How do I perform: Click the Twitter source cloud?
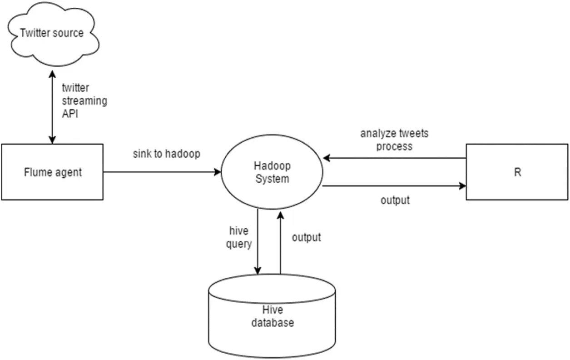[52, 33]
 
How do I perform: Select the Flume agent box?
[52, 172]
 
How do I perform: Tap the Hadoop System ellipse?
[272, 172]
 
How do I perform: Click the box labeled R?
[517, 172]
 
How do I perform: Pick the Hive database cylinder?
[272, 316]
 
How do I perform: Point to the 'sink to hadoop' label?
[166, 154]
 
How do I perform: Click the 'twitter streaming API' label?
[84, 100]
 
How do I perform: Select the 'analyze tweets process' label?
[394, 140]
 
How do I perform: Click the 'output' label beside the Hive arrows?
[306, 237]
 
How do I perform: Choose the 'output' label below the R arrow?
[395, 200]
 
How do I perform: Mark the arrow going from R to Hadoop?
[394, 159]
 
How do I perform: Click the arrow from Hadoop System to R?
[394, 186]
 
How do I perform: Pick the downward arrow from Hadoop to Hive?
[258, 241]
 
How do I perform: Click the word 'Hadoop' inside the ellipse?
[272, 166]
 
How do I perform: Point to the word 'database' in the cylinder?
[272, 323]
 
